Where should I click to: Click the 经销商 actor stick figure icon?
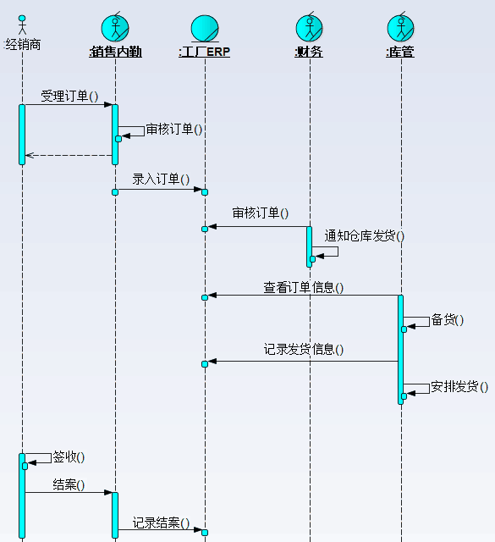(x=22, y=25)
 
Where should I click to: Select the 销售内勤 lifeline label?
(x=115, y=52)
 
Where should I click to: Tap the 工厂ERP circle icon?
(x=205, y=28)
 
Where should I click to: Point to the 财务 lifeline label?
(x=309, y=52)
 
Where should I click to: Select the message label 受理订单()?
(x=69, y=96)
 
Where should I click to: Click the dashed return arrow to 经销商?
(x=69, y=155)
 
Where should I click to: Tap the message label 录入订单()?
(x=161, y=179)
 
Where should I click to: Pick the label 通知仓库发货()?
(x=364, y=236)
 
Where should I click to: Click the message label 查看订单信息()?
(x=303, y=288)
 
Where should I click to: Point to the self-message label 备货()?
(x=447, y=320)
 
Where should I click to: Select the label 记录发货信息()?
(x=303, y=350)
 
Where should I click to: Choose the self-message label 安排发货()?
(x=459, y=386)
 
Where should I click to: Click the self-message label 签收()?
(x=69, y=457)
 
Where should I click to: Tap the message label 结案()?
(x=69, y=484)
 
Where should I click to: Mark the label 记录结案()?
(x=161, y=523)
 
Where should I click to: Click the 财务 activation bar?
(x=309, y=246)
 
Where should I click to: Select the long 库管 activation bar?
(x=401, y=350)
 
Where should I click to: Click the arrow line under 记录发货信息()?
(x=303, y=362)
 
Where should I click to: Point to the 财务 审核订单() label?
(x=260, y=213)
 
